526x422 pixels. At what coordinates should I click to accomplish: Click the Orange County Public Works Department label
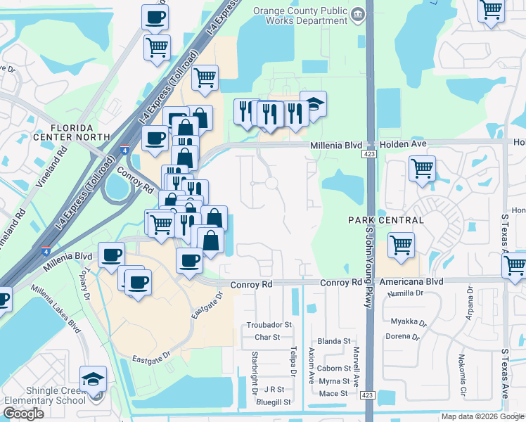(301, 16)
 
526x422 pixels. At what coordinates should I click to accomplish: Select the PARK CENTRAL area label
(386, 220)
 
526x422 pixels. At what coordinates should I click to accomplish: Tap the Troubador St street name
(269, 325)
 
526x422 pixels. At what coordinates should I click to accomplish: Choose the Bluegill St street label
(274, 402)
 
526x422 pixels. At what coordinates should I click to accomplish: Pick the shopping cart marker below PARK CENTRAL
(401, 246)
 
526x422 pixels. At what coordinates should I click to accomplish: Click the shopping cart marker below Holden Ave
(422, 169)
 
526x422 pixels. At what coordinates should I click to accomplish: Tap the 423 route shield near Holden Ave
(368, 153)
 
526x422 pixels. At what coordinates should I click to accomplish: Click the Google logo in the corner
(23, 414)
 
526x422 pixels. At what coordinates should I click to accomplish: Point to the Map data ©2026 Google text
(483, 416)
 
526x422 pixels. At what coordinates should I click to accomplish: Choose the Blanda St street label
(334, 341)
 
